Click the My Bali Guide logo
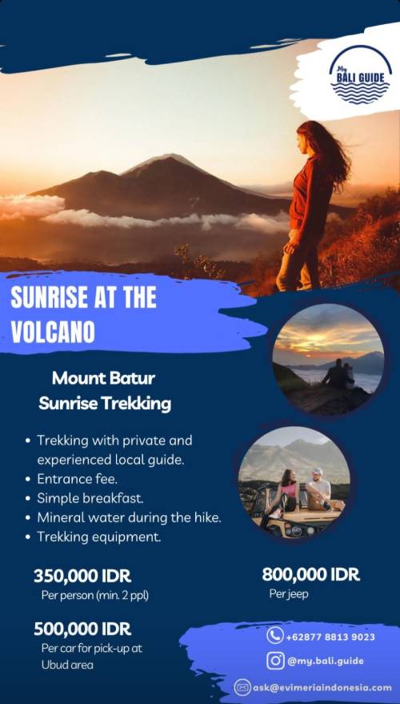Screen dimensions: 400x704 pyautogui.click(x=361, y=74)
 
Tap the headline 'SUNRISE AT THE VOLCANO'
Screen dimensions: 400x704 pyautogui.click(x=83, y=314)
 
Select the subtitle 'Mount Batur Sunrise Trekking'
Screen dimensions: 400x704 pyautogui.click(x=105, y=391)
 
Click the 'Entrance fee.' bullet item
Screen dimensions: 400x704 pyautogui.click(x=77, y=479)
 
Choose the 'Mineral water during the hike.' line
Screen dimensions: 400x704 pyautogui.click(x=129, y=517)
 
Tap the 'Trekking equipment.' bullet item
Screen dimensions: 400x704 pyautogui.click(x=98, y=537)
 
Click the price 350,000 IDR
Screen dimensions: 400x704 pyautogui.click(x=82, y=576)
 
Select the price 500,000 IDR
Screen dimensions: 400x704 pyautogui.click(x=82, y=629)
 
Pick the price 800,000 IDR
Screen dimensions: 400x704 pyautogui.click(x=311, y=574)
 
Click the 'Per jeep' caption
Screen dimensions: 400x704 pyautogui.click(x=289, y=594)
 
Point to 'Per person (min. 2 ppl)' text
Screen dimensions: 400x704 pyautogui.click(x=94, y=596)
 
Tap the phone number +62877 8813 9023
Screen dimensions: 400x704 pyautogui.click(x=330, y=637)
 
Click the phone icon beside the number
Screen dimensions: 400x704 pyautogui.click(x=275, y=635)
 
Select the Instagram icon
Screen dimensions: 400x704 pyautogui.click(x=275, y=661)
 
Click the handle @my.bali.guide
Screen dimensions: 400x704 pyautogui.click(x=325, y=661)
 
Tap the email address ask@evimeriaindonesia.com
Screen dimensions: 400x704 pyautogui.click(x=322, y=687)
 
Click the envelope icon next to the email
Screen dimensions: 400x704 pyautogui.click(x=242, y=687)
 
